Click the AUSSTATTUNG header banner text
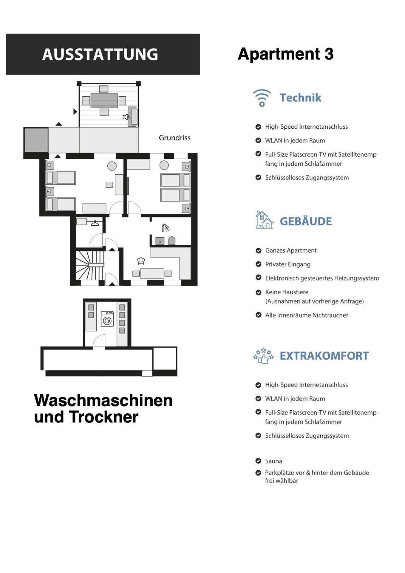click(x=100, y=54)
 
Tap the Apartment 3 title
click(x=285, y=54)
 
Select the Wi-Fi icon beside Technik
click(x=262, y=98)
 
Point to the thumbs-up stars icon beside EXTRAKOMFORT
click(x=263, y=355)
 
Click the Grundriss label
click(x=174, y=138)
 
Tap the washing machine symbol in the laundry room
click(x=107, y=319)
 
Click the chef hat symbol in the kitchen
click(x=141, y=261)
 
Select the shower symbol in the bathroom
click(x=166, y=228)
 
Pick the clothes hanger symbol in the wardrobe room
click(x=95, y=223)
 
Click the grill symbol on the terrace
click(x=127, y=117)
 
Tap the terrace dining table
click(x=104, y=101)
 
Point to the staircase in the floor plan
click(x=89, y=265)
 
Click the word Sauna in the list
click(x=273, y=461)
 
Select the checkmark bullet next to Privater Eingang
click(x=258, y=264)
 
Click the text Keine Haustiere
click(x=287, y=292)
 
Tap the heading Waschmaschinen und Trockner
click(x=103, y=408)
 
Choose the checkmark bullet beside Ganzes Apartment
click(x=258, y=251)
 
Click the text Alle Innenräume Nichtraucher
click(x=307, y=315)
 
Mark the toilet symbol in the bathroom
click(x=172, y=241)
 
